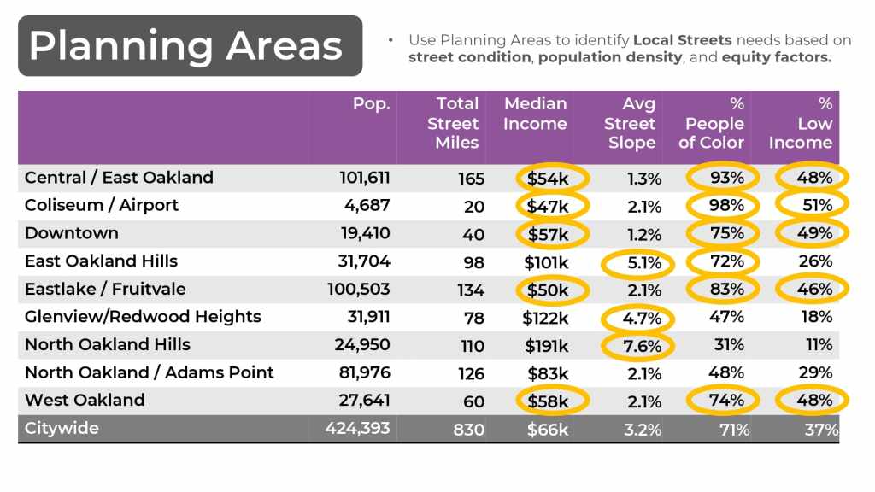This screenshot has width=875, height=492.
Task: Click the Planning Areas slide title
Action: pyautogui.click(x=185, y=45)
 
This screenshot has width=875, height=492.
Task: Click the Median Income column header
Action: pyautogui.click(x=535, y=114)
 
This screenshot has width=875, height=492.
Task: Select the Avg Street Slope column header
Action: pyautogui.click(x=631, y=123)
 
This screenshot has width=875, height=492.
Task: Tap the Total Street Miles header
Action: pyautogui.click(x=456, y=123)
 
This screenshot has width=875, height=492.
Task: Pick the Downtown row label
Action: pyautogui.click(x=72, y=233)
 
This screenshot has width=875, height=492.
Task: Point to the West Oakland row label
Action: pyautogui.click(x=85, y=400)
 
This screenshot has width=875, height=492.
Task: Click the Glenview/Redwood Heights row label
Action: pyautogui.click(x=143, y=317)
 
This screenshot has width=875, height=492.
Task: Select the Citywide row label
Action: pyautogui.click(x=62, y=428)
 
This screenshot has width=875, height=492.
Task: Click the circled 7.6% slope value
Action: pyautogui.click(x=639, y=345)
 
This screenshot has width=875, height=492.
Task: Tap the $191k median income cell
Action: pyautogui.click(x=546, y=345)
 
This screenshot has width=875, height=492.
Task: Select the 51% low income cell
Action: pyautogui.click(x=815, y=206)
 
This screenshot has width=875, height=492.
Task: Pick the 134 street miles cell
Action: pyautogui.click(x=471, y=290)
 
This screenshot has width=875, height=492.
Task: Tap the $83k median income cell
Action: pyautogui.click(x=548, y=373)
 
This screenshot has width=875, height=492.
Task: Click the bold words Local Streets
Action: pyautogui.click(x=682, y=40)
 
